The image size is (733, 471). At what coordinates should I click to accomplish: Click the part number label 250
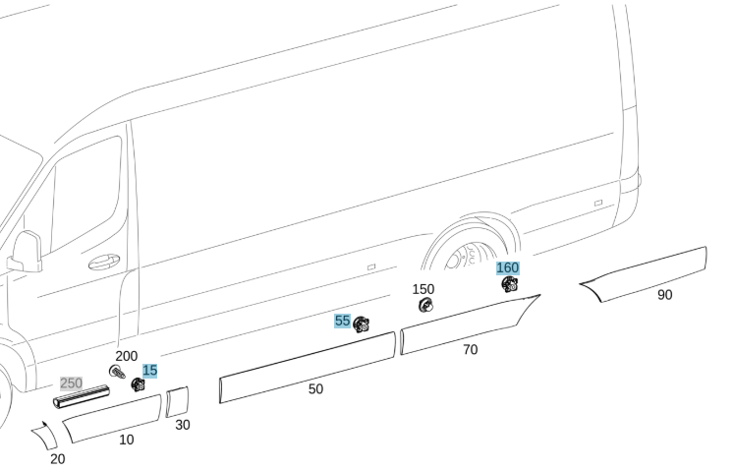coord(71,383)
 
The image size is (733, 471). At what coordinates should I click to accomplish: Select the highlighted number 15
coord(149,371)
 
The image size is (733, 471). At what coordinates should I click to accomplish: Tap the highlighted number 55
coord(342,321)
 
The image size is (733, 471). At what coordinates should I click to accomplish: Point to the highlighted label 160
coord(508,268)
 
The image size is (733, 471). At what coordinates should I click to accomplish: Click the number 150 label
coord(423,289)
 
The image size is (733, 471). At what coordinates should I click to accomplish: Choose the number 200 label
coord(126,356)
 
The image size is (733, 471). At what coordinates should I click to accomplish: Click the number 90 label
coord(665,295)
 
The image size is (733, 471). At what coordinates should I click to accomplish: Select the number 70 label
coord(471,350)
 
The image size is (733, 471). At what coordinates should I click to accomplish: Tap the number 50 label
coord(315,389)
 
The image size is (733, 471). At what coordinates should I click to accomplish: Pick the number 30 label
coord(183,425)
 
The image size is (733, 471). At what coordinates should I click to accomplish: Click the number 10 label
coord(126,441)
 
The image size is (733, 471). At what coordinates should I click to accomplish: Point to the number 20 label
coord(58,459)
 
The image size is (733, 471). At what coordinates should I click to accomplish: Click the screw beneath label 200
coord(117,373)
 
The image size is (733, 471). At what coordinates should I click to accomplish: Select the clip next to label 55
coord(361,324)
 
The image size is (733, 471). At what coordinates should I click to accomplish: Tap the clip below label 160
coord(510,284)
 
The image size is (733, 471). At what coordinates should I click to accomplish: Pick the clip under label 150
coord(425,306)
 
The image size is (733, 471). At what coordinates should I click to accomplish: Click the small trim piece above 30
coord(178,401)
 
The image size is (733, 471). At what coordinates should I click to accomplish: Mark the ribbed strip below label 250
coord(82,396)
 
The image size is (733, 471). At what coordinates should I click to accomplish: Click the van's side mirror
coord(26,252)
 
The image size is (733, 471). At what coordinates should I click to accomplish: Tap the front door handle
coord(104,262)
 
